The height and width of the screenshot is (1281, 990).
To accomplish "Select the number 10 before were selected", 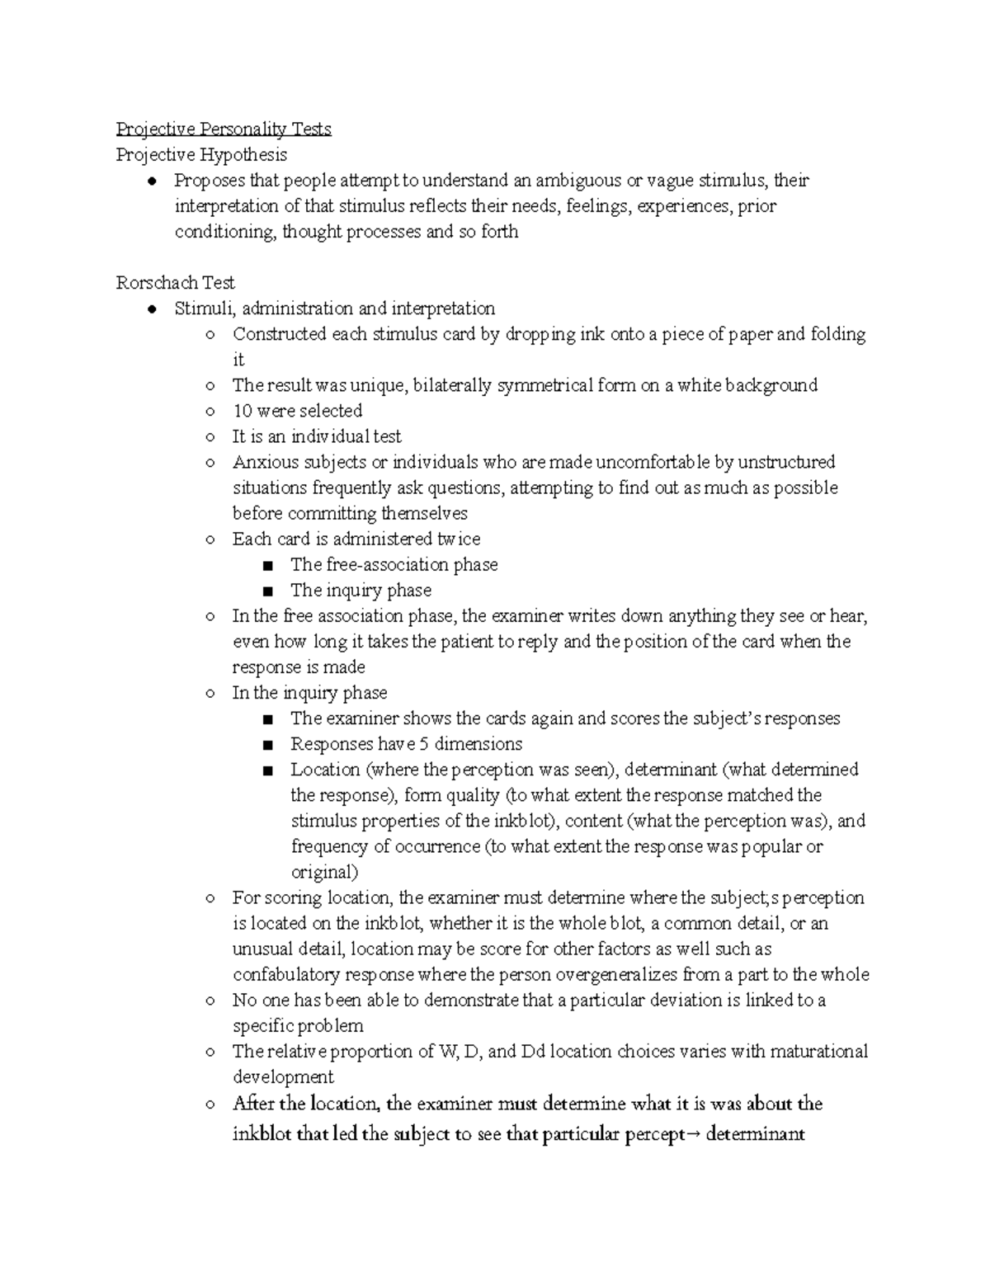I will point(242,411).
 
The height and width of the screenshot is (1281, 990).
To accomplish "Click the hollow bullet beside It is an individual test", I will point(210,437).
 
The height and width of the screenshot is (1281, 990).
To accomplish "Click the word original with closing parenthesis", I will point(324,872).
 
